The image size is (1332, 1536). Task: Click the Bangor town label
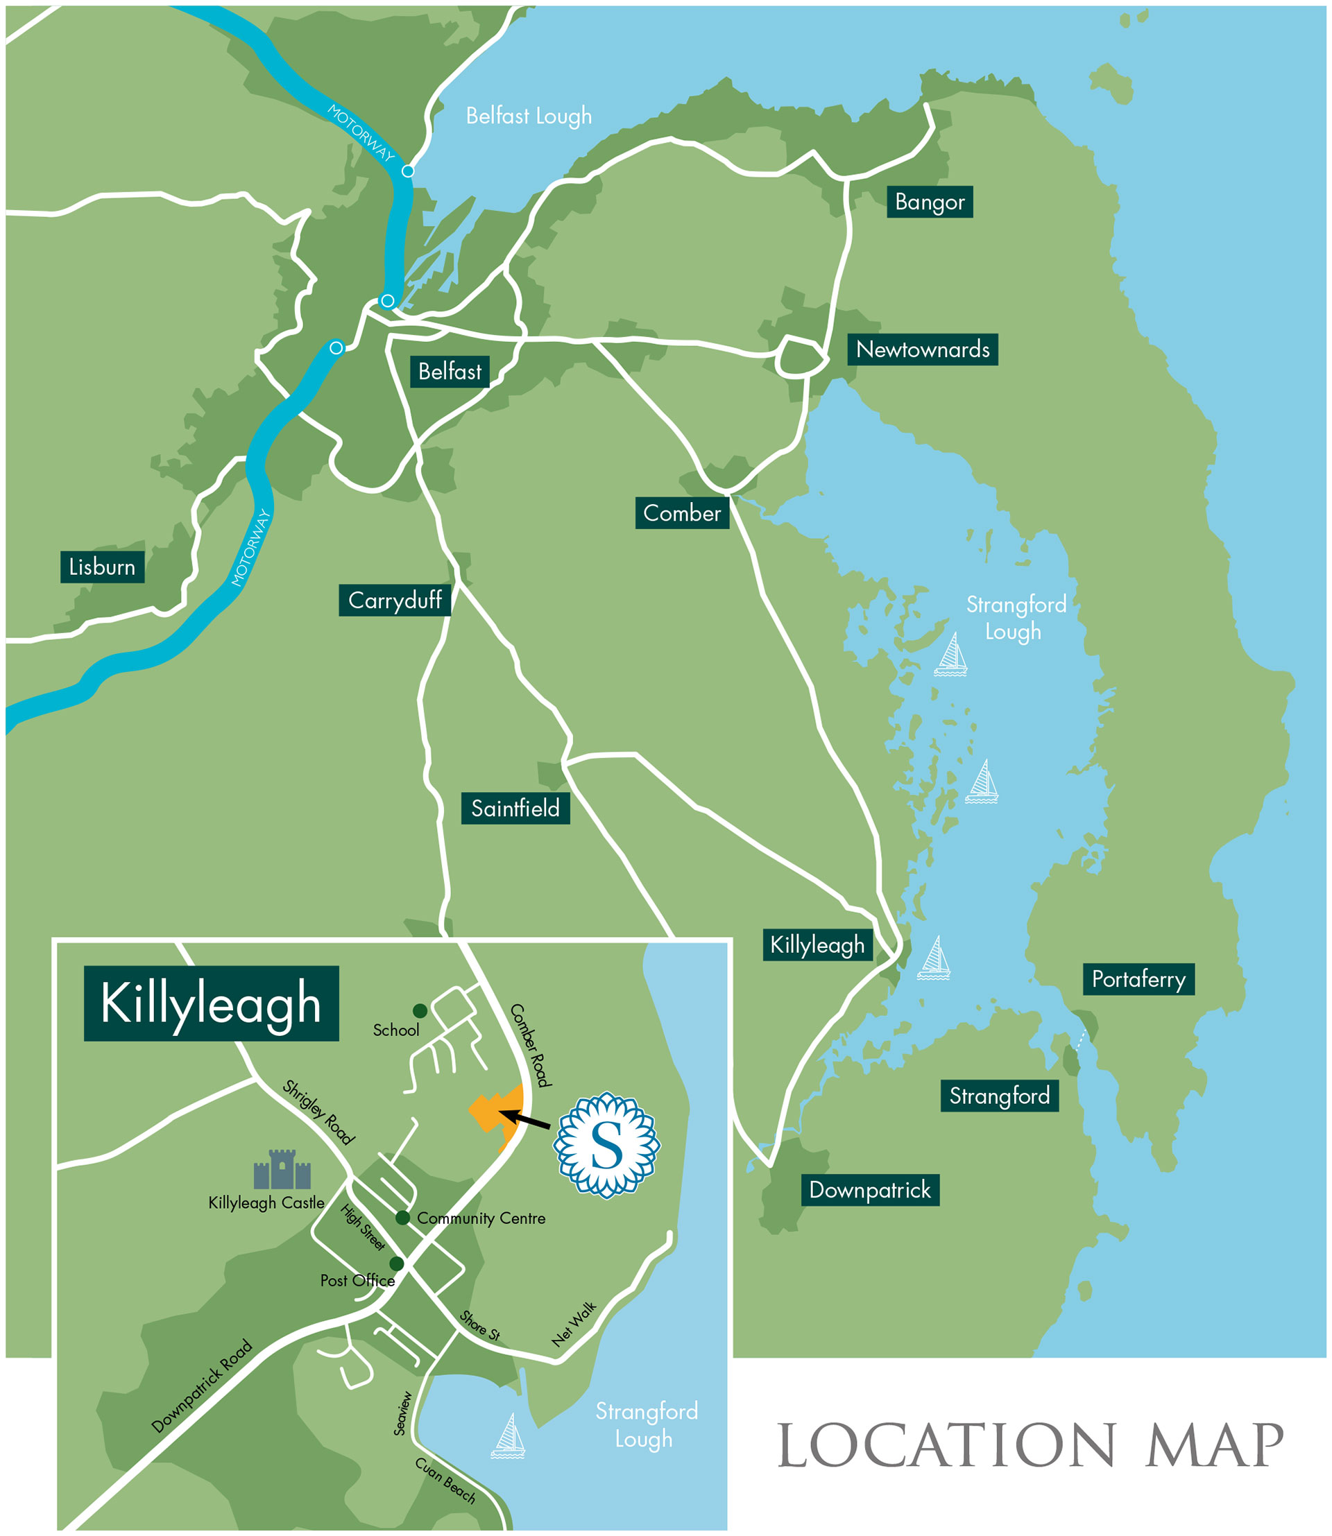[929, 201]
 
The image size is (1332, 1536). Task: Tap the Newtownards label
[922, 350]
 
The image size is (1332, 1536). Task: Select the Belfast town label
[449, 371]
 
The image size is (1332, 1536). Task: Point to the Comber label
[681, 512]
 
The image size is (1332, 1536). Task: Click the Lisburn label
[102, 567]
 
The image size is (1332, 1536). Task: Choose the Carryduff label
[395, 600]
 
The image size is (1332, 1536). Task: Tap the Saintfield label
[515, 808]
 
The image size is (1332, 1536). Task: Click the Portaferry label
[1138, 978]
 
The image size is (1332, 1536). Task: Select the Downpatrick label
[870, 1190]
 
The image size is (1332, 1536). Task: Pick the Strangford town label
[999, 1096]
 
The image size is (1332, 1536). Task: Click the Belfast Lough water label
[529, 116]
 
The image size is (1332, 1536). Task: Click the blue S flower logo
[606, 1144]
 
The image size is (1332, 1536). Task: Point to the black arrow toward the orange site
[524, 1119]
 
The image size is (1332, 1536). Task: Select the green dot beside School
[420, 1010]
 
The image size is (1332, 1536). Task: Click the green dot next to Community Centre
[402, 1217]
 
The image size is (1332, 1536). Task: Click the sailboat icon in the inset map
[509, 1435]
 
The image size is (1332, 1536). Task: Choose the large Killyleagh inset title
[211, 1003]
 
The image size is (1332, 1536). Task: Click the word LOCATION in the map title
[946, 1446]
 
